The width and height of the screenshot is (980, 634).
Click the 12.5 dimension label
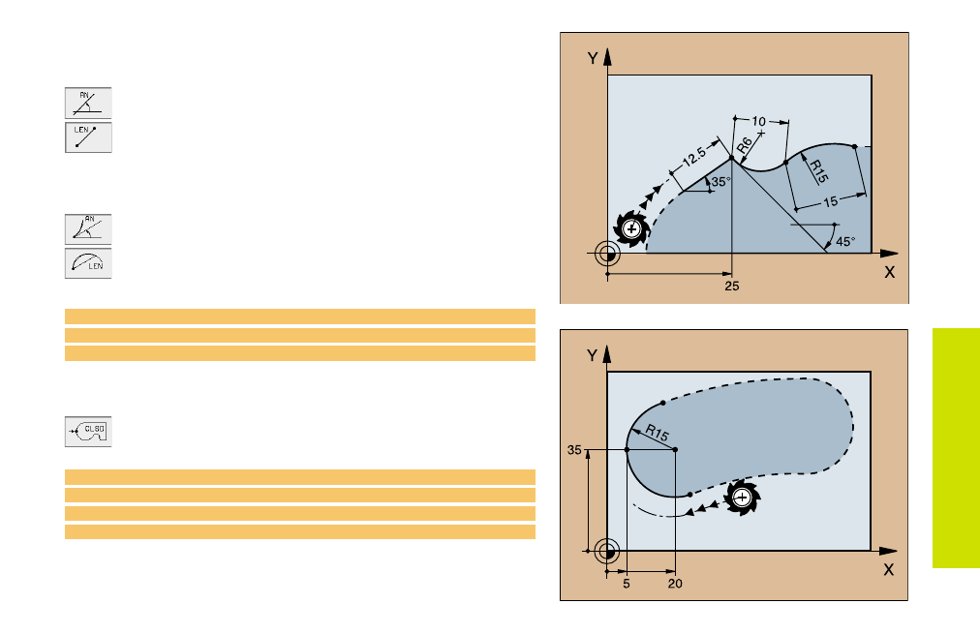tap(693, 156)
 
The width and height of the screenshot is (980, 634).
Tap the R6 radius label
tap(744, 145)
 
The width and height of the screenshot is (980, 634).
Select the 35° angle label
tap(720, 182)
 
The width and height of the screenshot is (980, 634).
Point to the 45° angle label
tap(845, 241)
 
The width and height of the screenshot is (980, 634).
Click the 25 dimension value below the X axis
tap(732, 287)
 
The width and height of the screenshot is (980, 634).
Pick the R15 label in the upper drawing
tap(818, 171)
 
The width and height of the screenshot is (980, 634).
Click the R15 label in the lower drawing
tap(657, 432)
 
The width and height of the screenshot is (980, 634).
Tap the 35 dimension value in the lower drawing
tap(574, 450)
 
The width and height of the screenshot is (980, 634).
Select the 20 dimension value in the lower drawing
tap(675, 584)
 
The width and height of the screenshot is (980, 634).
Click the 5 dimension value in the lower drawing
tap(627, 584)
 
